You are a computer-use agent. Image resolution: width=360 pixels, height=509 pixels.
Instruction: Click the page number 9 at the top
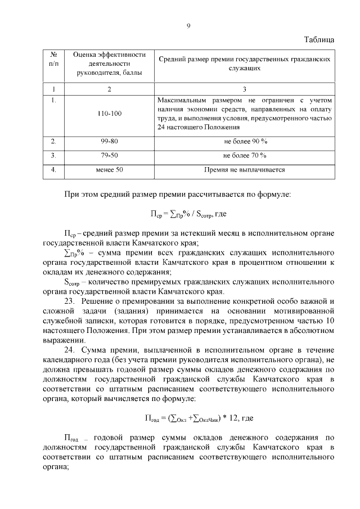coord(188,26)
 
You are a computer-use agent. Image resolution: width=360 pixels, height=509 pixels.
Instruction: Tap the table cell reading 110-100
coord(109,114)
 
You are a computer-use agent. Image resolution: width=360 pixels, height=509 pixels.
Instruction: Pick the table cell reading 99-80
coord(109,141)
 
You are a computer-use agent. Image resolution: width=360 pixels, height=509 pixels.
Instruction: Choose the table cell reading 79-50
coord(109,155)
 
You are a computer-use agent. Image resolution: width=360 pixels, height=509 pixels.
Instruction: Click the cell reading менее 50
coord(109,169)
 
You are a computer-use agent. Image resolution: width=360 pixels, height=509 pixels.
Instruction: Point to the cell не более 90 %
coord(245,141)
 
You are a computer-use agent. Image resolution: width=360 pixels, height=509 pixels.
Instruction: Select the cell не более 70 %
coord(245,155)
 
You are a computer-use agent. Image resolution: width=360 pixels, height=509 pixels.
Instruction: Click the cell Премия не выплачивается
coord(245,169)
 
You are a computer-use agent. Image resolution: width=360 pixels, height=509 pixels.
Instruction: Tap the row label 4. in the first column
coord(53,169)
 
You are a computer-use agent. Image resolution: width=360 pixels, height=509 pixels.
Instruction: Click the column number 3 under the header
coord(245,89)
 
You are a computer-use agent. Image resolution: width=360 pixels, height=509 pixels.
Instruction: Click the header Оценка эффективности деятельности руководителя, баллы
coord(109,63)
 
